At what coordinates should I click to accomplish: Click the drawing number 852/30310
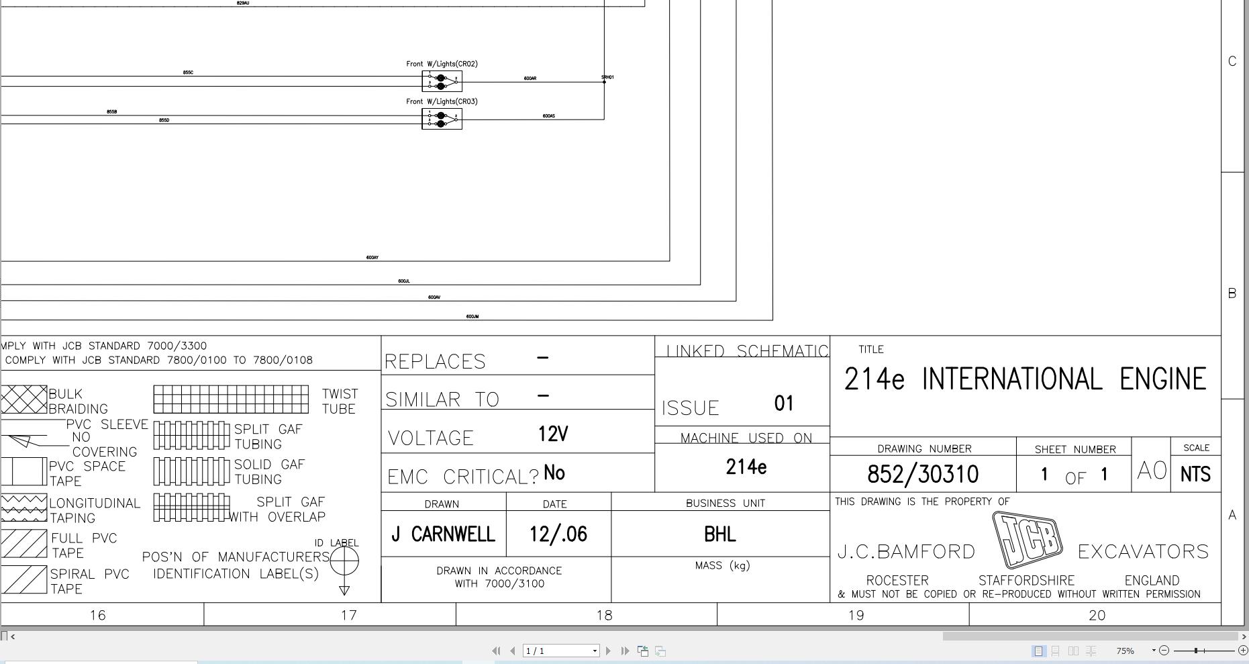[x=922, y=475]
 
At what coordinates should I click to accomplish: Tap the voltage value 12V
[x=552, y=434]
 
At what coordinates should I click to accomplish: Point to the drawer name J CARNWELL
[x=443, y=534]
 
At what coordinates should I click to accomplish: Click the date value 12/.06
[x=558, y=534]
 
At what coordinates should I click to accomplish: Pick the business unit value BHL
[x=719, y=534]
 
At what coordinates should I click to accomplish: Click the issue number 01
[x=784, y=404]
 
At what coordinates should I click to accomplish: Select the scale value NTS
[x=1195, y=475]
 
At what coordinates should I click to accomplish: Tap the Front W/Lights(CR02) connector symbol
[x=442, y=81]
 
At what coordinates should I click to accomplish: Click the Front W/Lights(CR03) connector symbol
[x=442, y=119]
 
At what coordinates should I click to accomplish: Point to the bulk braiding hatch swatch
[x=24, y=399]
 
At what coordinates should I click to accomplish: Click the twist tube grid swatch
[x=231, y=399]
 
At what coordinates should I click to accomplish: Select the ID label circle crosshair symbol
[x=344, y=561]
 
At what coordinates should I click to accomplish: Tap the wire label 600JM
[x=472, y=316]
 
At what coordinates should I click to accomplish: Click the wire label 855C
[x=188, y=73]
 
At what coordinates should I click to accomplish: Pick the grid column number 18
[x=604, y=615]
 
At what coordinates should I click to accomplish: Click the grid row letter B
[x=1232, y=293]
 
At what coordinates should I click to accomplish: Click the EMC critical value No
[x=554, y=473]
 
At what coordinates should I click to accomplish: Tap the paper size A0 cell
[x=1151, y=471]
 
